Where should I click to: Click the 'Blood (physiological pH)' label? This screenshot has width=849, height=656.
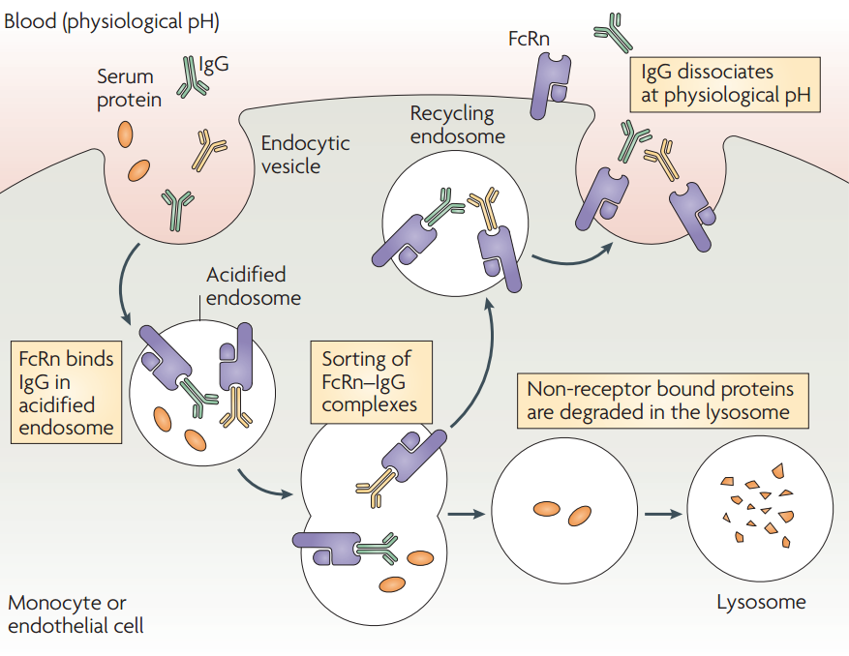point(111,21)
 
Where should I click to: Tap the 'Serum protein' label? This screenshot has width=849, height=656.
point(129,88)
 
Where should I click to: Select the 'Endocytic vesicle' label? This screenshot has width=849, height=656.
point(305,154)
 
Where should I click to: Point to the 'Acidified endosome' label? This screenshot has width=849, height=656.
point(254,286)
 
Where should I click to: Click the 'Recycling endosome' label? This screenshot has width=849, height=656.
point(458,125)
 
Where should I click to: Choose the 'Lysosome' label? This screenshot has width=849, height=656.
point(761,602)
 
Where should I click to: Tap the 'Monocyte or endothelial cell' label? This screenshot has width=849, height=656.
point(76,613)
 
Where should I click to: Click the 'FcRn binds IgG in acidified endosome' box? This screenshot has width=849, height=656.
point(66,393)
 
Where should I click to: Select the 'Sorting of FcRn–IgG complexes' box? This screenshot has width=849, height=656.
point(372,382)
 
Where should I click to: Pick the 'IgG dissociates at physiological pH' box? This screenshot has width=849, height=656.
point(725,84)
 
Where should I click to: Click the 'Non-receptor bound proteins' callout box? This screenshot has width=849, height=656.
point(663,401)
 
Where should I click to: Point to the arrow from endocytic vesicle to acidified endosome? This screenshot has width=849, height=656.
point(123,283)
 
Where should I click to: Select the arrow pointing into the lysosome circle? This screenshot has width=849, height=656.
point(663,514)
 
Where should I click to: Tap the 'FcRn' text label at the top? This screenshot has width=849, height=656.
point(529,39)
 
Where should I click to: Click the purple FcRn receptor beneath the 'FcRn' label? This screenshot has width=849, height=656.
point(551,85)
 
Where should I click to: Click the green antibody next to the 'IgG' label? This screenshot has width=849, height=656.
point(191,77)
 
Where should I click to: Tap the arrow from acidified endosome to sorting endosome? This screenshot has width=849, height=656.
point(263,485)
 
